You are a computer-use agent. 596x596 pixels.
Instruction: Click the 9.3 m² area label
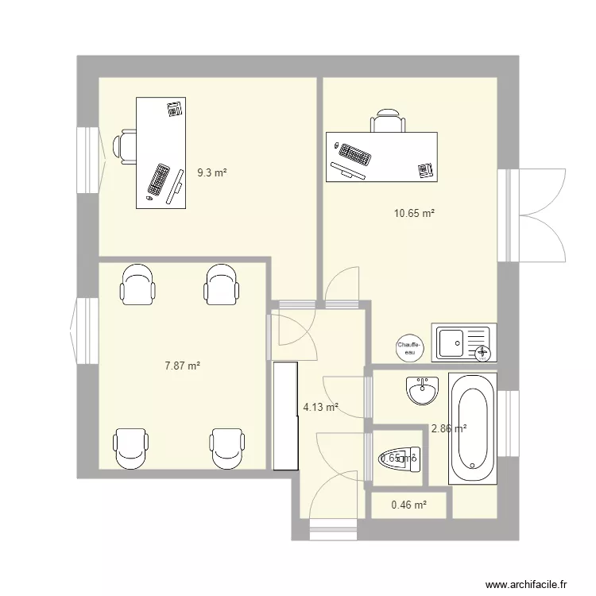(x=211, y=172)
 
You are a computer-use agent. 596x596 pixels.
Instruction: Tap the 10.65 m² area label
(x=414, y=213)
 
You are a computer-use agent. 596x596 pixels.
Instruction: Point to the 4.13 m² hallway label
(x=320, y=408)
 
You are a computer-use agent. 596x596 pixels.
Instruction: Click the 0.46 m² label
(x=409, y=505)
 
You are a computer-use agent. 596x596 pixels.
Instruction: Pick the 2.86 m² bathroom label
(x=448, y=428)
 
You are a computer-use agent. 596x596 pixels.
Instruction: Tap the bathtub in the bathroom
(x=472, y=428)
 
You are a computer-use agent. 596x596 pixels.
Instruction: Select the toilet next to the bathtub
(x=399, y=459)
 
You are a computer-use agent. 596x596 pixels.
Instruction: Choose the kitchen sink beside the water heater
(x=463, y=343)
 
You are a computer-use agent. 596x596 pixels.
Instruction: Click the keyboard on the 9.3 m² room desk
(x=159, y=180)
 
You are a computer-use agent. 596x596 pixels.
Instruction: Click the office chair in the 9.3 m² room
(x=125, y=147)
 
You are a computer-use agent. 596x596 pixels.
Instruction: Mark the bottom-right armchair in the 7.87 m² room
(x=226, y=448)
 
